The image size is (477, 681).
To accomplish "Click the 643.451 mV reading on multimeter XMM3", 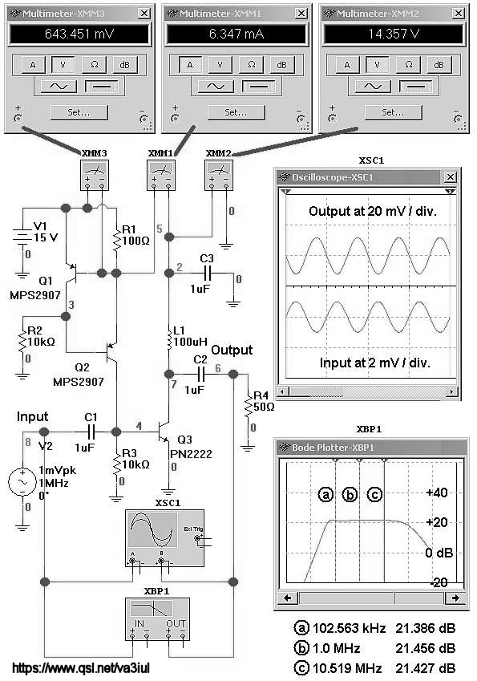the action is pyautogui.click(x=79, y=34).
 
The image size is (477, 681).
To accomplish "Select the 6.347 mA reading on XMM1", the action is pyautogui.click(x=236, y=34).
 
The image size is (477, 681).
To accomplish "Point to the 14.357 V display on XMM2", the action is pyautogui.click(x=394, y=34).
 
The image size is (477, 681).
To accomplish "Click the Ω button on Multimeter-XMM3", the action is pyautogui.click(x=94, y=65).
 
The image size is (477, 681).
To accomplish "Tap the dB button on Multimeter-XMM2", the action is pyautogui.click(x=439, y=65).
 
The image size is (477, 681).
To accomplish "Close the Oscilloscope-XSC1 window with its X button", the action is pyautogui.click(x=451, y=176).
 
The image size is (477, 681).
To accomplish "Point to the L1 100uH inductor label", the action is pyautogui.click(x=190, y=336).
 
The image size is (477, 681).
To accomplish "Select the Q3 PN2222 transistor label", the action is pyautogui.click(x=191, y=447).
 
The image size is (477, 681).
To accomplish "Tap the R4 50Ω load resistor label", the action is pyautogui.click(x=264, y=401).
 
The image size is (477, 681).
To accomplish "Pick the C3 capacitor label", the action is pyautogui.click(x=207, y=258).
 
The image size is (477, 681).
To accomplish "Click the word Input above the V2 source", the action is pyautogui.click(x=32, y=417).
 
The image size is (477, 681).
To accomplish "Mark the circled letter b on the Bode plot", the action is pyautogui.click(x=350, y=494).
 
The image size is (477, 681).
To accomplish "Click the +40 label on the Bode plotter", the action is pyautogui.click(x=437, y=493).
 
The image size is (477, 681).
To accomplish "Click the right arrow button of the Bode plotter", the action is pyautogui.click(x=455, y=598).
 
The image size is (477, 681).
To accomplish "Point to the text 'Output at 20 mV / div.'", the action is pyautogui.click(x=373, y=212).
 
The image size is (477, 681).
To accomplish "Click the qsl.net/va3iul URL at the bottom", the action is pyautogui.click(x=81, y=668).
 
